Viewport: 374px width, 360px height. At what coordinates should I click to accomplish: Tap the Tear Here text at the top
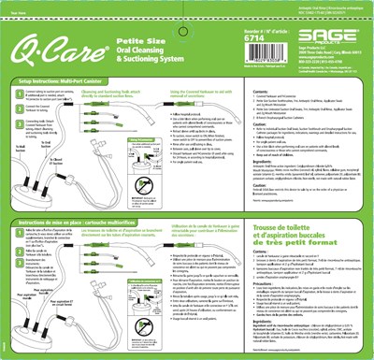pos(15,8)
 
